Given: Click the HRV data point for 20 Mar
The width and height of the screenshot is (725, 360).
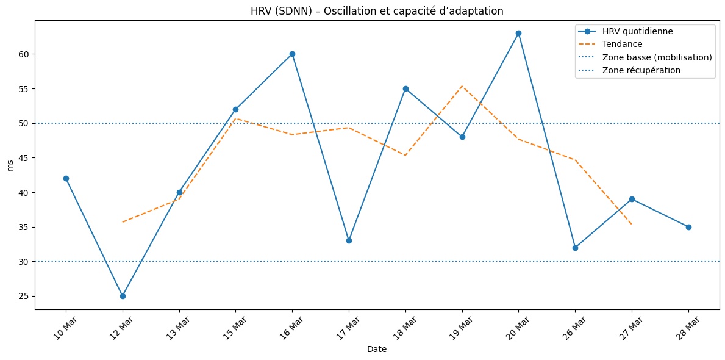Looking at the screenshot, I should (518, 33).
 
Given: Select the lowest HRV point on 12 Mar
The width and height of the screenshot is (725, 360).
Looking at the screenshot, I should (123, 296).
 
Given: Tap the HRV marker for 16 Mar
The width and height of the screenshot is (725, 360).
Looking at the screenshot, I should (292, 54).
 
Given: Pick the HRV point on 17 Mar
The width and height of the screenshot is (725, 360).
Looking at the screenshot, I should (349, 240).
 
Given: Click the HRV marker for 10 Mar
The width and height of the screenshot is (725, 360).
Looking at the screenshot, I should (66, 178).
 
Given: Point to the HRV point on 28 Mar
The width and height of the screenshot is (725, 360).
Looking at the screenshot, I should (688, 227).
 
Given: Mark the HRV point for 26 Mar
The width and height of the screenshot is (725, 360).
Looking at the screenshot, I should (575, 248).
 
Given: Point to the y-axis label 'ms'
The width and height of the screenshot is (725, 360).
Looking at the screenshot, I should (10, 165).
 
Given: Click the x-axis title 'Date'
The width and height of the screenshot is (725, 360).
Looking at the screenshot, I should (377, 350).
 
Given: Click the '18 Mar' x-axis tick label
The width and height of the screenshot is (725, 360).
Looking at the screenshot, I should (401, 328).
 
